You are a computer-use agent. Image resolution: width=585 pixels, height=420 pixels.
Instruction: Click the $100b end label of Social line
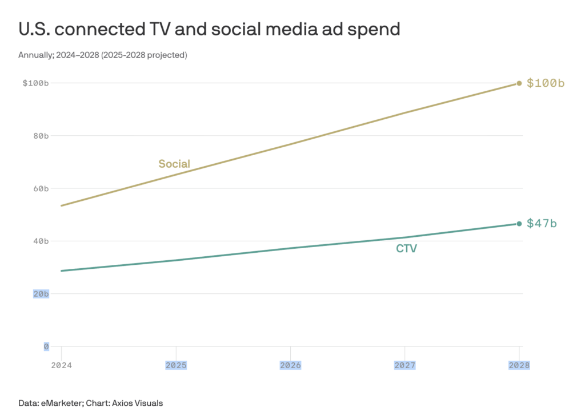tap(546, 83)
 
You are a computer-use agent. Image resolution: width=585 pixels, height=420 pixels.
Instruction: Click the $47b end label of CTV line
tap(541, 223)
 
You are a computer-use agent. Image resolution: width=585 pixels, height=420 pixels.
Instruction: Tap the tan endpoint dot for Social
tap(519, 83)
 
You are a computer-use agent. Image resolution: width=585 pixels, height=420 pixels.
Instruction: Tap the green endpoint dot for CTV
tap(519, 224)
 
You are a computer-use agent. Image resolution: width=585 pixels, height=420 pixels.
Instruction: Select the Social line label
tap(174, 164)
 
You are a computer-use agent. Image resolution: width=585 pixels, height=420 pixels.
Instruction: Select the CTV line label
tap(406, 249)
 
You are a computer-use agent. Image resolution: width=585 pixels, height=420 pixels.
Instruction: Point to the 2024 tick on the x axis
tap(61, 365)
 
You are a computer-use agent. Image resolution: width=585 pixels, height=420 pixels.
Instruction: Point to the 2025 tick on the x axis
tap(176, 365)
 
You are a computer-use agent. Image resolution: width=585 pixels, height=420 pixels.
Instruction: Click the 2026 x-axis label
tap(290, 365)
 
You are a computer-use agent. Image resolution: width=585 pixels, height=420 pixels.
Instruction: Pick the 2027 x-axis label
tap(405, 365)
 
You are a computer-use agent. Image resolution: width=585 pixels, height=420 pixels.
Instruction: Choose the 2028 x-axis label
tap(519, 365)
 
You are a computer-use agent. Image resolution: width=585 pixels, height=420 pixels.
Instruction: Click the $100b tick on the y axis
tap(35, 83)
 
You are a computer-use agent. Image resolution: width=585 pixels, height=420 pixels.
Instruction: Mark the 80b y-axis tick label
tap(40, 136)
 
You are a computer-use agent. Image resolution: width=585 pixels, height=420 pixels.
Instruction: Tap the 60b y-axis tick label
tap(40, 188)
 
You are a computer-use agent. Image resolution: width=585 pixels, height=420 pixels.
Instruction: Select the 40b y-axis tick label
tap(40, 241)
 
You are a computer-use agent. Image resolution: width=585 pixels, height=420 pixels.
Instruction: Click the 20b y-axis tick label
tap(40, 294)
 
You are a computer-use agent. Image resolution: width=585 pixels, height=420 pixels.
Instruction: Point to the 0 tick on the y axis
tap(46, 346)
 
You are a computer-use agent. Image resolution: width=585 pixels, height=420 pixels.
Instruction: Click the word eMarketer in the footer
tap(62, 403)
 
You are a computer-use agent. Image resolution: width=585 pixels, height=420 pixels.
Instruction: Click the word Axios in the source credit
tap(124, 403)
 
